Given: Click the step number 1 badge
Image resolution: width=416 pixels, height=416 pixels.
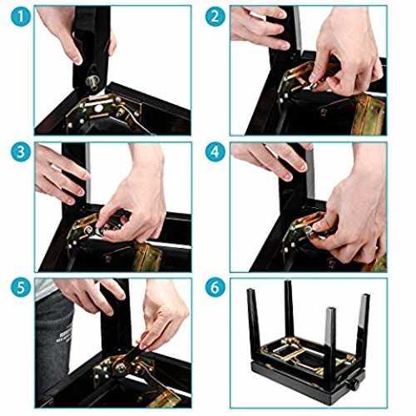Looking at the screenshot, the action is [21, 17].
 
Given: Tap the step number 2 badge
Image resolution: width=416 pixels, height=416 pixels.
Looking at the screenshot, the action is [215, 17].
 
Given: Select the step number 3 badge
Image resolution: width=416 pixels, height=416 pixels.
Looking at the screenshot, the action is [21, 152].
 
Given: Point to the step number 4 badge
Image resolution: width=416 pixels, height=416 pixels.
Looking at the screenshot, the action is [215, 152].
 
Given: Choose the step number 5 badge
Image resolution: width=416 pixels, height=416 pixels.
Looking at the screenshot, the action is [21, 288].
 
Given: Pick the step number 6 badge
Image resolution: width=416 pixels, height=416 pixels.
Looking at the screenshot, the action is [215, 288].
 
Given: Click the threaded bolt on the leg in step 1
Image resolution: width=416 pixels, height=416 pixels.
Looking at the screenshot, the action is [94, 82].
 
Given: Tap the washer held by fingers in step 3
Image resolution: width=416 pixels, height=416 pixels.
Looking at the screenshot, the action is [99, 230].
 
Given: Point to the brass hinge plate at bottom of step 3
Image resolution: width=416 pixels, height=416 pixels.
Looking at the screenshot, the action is [147, 256].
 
